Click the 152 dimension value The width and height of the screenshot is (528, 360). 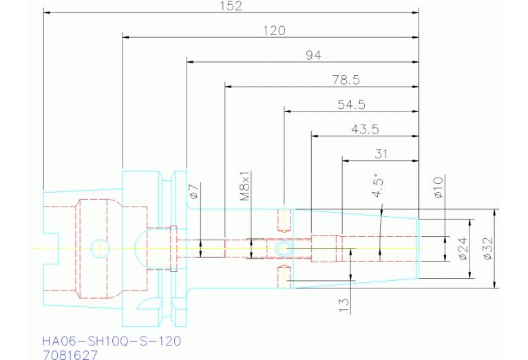pyautogui.click(x=231, y=6)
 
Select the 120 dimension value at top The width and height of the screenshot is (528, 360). pyautogui.click(x=273, y=30)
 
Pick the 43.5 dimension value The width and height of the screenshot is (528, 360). pyautogui.click(x=364, y=129)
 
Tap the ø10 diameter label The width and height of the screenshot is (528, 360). pyautogui.click(x=439, y=188)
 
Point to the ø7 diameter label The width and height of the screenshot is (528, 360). pyautogui.click(x=193, y=192)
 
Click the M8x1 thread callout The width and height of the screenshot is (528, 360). pyautogui.click(x=244, y=186)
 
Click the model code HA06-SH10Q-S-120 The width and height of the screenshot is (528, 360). pyautogui.click(x=112, y=341)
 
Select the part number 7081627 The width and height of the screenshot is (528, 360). pyautogui.click(x=70, y=355)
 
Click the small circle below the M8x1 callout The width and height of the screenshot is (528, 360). pyautogui.click(x=282, y=247)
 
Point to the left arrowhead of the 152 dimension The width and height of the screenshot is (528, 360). pyautogui.click(x=46, y=12)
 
